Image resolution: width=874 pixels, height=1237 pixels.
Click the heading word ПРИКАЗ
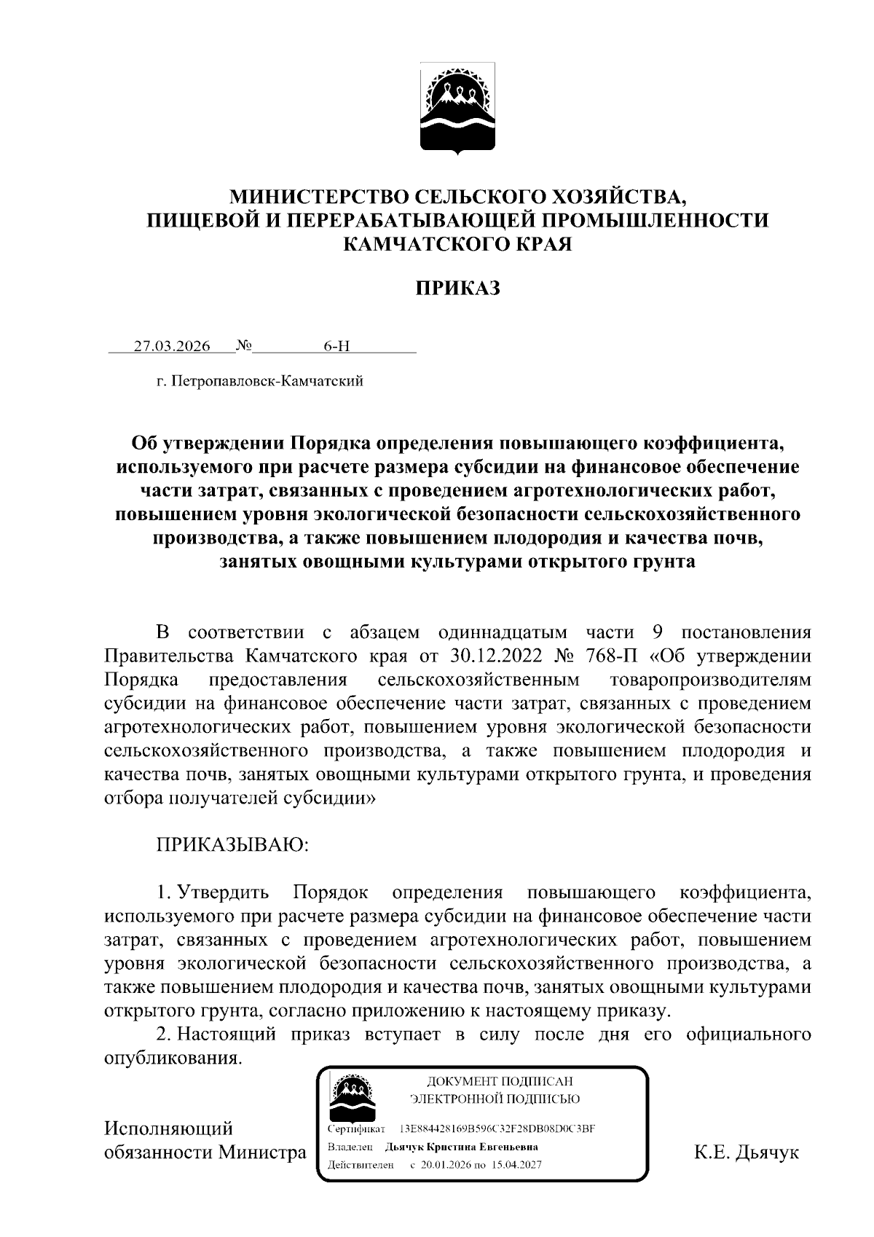tap(458, 288)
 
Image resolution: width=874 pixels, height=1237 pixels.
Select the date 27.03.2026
tap(171, 346)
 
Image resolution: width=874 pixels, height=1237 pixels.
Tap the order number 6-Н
tap(336, 346)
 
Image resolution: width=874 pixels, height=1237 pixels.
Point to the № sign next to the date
tap(243, 346)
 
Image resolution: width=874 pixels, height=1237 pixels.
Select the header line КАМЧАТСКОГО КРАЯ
tap(458, 244)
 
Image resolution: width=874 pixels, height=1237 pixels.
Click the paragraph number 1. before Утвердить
tap(165, 892)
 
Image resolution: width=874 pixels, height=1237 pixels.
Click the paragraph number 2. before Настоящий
tap(165, 1034)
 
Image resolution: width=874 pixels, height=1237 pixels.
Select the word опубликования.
tap(172, 1058)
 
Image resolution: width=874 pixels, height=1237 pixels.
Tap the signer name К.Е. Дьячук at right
tap(747, 1152)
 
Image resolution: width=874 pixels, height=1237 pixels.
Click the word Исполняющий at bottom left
tap(168, 1128)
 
